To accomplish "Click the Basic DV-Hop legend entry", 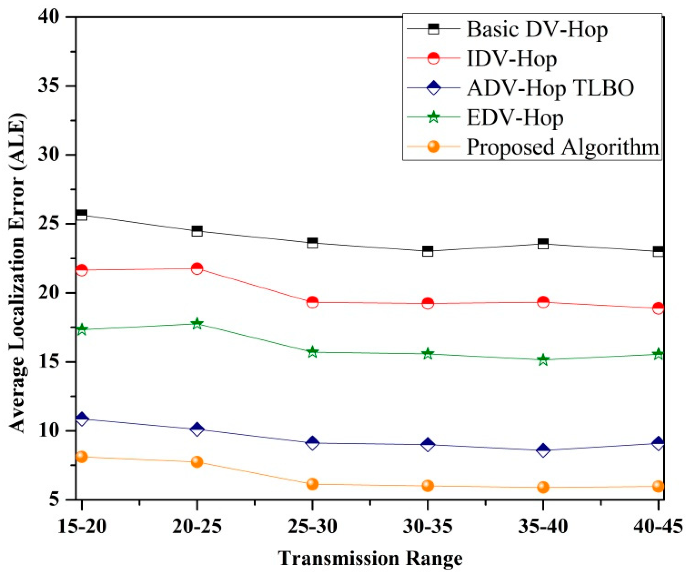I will click(537, 29).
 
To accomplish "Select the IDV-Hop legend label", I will click(511, 59).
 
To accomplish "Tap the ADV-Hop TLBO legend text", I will click(550, 88).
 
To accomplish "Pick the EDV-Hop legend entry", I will click(515, 117).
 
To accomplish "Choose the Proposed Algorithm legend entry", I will click(563, 147).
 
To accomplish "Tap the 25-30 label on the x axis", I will click(312, 527).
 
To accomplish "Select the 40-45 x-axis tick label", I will click(658, 527).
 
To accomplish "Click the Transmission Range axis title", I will click(370, 558).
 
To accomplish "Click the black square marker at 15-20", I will click(82, 215).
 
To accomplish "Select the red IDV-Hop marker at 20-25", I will click(197, 268).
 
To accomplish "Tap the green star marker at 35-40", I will click(543, 360).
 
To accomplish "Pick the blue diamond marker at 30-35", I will click(428, 445).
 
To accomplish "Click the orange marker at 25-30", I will click(312, 484).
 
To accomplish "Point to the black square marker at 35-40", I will click(543, 244).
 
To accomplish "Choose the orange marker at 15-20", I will click(82, 457).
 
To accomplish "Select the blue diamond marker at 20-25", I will click(197, 429).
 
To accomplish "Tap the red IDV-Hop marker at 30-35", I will click(428, 304).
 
